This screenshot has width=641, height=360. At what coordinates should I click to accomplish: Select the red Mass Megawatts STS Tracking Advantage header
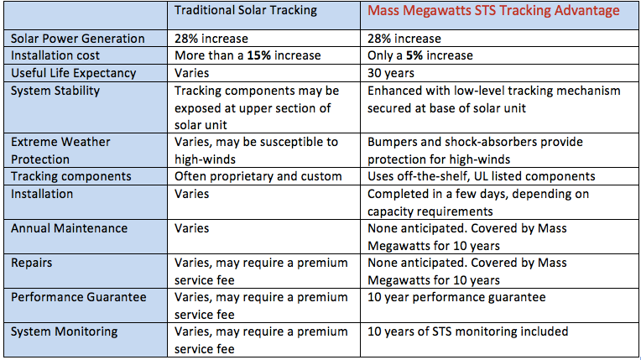[x=493, y=11]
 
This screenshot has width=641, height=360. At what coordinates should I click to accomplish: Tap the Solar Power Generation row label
[x=77, y=39]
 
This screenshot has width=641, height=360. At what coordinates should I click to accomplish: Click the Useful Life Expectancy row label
[x=73, y=73]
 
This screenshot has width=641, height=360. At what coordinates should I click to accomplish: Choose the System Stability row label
[x=55, y=91]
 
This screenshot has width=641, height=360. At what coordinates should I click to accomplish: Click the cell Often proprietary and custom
[x=258, y=176]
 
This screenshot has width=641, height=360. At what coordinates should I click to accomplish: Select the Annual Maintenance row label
[x=69, y=227]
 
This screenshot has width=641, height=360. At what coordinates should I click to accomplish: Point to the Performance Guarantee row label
[x=78, y=297]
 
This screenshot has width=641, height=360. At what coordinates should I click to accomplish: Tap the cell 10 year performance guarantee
[x=456, y=297]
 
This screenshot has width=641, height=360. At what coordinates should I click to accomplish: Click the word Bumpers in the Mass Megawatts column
[x=395, y=142]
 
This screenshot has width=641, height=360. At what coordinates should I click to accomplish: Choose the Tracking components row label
[x=71, y=176]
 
